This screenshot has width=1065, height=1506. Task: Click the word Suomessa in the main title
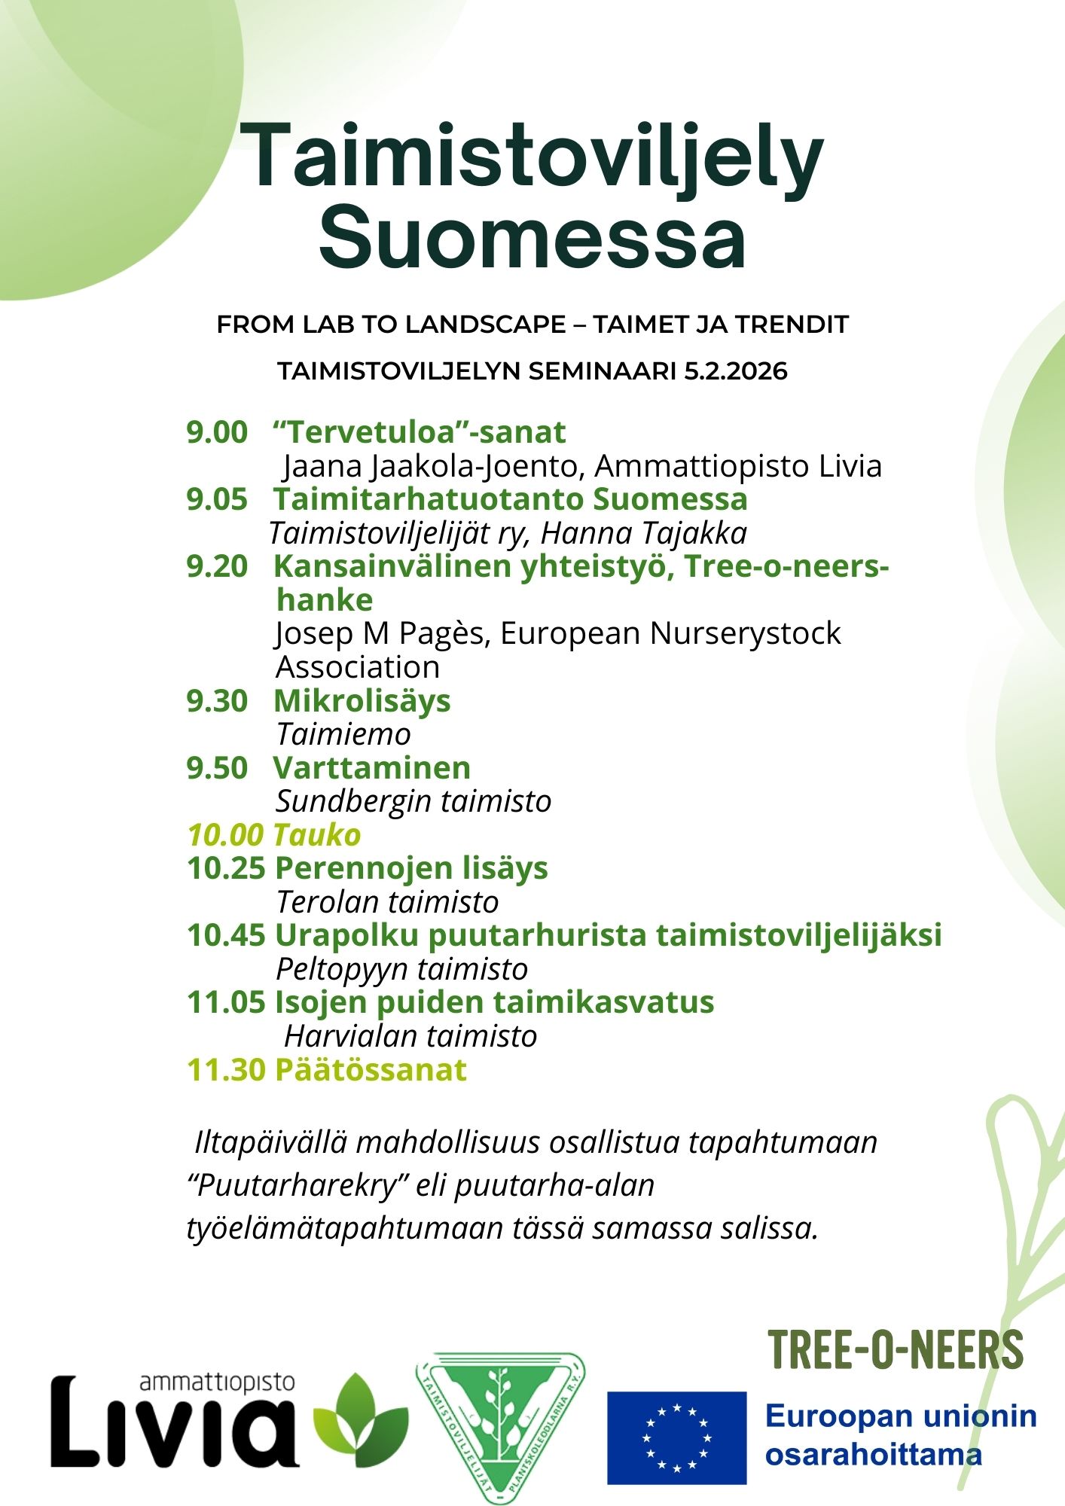coord(532,236)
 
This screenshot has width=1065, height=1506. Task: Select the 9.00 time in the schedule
coord(217,432)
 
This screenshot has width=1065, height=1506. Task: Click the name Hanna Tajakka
coord(643,533)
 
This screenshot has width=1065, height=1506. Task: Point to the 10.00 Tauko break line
coord(274,834)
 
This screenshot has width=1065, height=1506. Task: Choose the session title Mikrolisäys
coord(362,700)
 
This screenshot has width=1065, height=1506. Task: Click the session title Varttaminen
coord(371,767)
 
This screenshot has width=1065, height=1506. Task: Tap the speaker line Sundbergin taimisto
coord(413,800)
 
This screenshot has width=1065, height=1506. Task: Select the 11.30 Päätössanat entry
coord(327,1069)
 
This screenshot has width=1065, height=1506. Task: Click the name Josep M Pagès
coord(383,633)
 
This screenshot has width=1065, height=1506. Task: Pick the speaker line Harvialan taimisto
coord(410,1036)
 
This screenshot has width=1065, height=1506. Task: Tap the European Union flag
coord(676,1437)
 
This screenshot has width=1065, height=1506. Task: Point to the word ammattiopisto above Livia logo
coord(217,1383)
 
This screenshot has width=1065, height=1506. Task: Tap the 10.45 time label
coord(226,934)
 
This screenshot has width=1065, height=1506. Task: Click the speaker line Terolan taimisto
coord(387,901)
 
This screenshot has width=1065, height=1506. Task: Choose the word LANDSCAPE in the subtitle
coord(486,325)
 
